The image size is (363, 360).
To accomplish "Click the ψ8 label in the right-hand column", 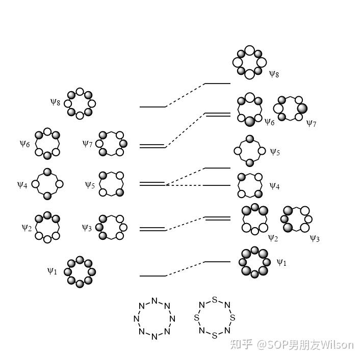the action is pos(274,74).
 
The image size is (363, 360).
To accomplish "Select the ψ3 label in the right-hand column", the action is pos(315,238).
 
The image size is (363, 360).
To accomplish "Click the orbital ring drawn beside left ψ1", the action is pos(80,272).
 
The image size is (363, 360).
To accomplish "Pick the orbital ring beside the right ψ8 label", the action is pos(249,62).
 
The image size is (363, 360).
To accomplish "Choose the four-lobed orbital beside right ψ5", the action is pos(249,151).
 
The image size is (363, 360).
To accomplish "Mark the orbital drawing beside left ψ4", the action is pos(47,184).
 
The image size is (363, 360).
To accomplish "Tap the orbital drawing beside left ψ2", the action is pos(48,227).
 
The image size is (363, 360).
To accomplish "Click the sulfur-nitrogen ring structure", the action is pos(215,318).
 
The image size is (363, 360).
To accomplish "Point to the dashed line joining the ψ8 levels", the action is pos(185,95).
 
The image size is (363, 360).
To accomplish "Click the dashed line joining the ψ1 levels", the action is pos(185,269).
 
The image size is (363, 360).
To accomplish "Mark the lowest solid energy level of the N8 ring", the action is pos(152,276).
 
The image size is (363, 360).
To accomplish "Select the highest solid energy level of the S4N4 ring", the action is pos(217,83).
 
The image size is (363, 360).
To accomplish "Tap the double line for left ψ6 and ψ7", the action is pos(152,146).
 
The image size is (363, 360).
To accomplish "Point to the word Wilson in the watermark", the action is pos(337,345).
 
